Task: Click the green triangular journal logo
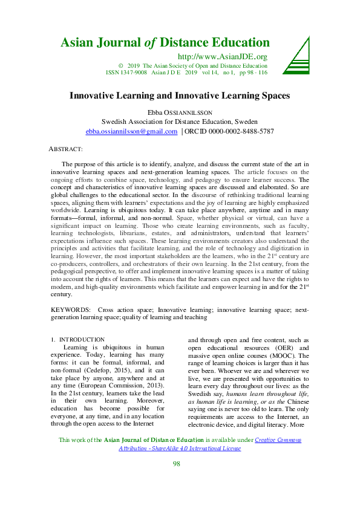click(296, 54)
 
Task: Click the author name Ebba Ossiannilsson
click(180, 112)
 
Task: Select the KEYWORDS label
click(71, 310)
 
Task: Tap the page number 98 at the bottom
click(177, 481)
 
